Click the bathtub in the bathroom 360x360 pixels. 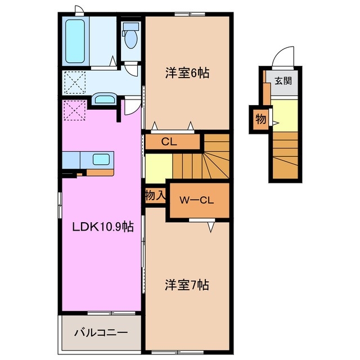tap(75, 40)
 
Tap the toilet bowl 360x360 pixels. tap(131, 38)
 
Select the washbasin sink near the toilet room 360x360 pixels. tap(105, 100)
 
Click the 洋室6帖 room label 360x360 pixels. tap(187, 73)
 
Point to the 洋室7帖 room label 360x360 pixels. tap(187, 285)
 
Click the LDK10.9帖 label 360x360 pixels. tap(102, 227)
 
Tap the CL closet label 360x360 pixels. tap(169, 142)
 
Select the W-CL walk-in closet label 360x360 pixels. tap(195, 200)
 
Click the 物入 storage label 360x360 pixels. tap(155, 196)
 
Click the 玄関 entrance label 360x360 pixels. tap(283, 80)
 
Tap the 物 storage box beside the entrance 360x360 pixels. tap(260, 119)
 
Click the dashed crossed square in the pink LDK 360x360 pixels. tap(74, 110)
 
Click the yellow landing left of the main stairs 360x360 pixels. tap(158, 167)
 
